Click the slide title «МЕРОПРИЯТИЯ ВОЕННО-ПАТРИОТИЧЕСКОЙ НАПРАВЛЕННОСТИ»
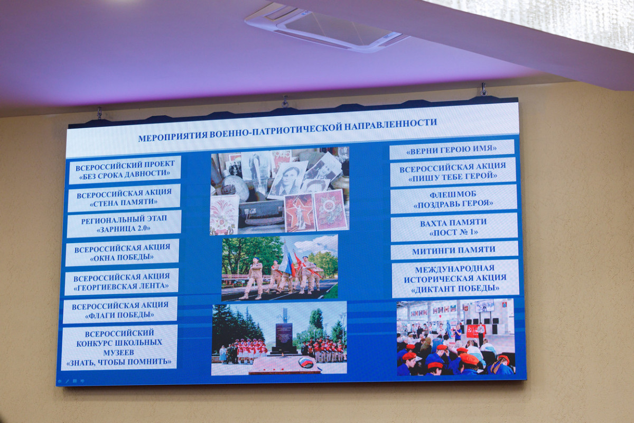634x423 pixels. (287, 130)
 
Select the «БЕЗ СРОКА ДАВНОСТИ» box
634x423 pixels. (125, 170)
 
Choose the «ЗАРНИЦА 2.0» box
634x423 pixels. (124, 224)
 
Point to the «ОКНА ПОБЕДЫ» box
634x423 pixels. (122, 253)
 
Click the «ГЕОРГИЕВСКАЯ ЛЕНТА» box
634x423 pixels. (122, 282)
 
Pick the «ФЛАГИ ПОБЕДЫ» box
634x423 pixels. (120, 310)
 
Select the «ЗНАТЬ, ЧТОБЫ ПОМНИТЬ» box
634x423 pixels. (119, 347)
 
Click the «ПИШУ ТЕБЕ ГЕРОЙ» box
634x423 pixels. (453, 172)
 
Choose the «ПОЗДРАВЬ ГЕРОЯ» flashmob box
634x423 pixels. (453, 199)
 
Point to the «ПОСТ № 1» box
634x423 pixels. (454, 227)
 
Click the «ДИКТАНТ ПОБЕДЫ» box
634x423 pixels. (455, 279)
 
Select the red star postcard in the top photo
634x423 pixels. (300, 213)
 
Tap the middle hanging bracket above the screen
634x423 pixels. (285, 102)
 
